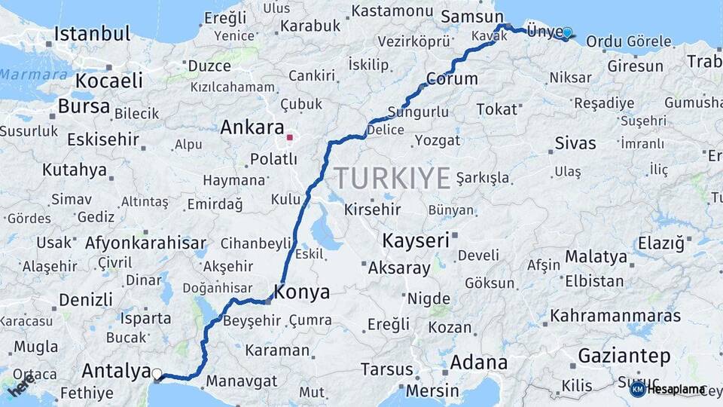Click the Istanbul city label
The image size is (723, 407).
pyautogui.click(x=93, y=34)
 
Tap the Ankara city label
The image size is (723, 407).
pyautogui.click(x=252, y=127)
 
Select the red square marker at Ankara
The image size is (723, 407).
pyautogui.click(x=289, y=138)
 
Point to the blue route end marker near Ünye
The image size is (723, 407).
pyautogui.click(x=567, y=32)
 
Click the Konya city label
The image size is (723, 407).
pyautogui.click(x=303, y=292)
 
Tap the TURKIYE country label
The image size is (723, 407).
pyautogui.click(x=392, y=178)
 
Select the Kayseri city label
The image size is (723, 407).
pyautogui.click(x=416, y=241)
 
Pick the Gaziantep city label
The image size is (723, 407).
pyautogui.click(x=624, y=355)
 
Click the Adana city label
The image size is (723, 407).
pyautogui.click(x=478, y=363)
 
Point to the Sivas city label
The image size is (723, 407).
pyautogui.click(x=575, y=143)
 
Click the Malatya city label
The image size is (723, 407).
pyautogui.click(x=596, y=256)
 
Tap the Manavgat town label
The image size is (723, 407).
pyautogui.click(x=241, y=381)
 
